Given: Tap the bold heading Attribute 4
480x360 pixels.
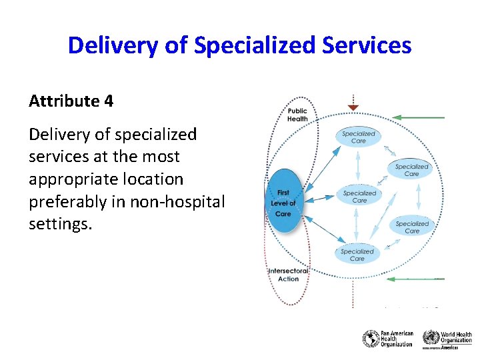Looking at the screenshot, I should (x=71, y=101).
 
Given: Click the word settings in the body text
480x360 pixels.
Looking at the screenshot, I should (x=59, y=224).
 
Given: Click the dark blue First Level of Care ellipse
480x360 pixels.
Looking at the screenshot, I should (x=283, y=203).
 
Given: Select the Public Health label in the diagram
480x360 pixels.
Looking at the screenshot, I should (x=297, y=115).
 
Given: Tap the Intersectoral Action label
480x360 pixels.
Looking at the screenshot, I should (x=288, y=275).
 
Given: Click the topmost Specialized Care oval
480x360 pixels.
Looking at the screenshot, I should (x=359, y=137).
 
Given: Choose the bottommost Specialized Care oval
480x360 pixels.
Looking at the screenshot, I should (x=357, y=255).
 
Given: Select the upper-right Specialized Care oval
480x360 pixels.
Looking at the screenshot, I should (x=411, y=170).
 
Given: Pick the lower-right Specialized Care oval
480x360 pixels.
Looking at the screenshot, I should (x=412, y=227).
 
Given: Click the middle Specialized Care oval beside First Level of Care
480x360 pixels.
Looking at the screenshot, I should (x=359, y=197).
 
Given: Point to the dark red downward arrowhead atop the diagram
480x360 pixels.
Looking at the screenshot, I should (x=353, y=107).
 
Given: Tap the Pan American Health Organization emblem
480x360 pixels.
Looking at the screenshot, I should (x=371, y=339).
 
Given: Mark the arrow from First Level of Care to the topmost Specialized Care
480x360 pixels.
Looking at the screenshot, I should (x=319, y=163).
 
